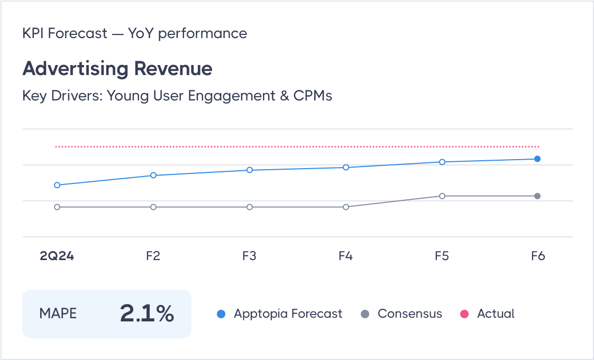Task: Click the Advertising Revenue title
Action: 117,69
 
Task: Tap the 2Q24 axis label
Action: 57,256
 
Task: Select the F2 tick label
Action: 153,256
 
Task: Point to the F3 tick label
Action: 249,256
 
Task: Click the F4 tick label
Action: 345,256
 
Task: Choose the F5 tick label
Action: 442,256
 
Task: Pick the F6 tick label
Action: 538,256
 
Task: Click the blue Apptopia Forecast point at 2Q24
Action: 57,185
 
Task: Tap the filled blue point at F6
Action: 537,159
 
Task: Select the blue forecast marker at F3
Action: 250,170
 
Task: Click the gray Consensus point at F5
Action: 442,196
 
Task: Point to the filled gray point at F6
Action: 537,196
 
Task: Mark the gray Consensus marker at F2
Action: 153,207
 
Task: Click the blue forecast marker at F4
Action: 346,168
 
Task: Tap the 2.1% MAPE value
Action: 147,313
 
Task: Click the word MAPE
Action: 58,313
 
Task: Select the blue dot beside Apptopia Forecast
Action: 222,314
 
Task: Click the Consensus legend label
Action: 409,313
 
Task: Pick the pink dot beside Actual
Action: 465,314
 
